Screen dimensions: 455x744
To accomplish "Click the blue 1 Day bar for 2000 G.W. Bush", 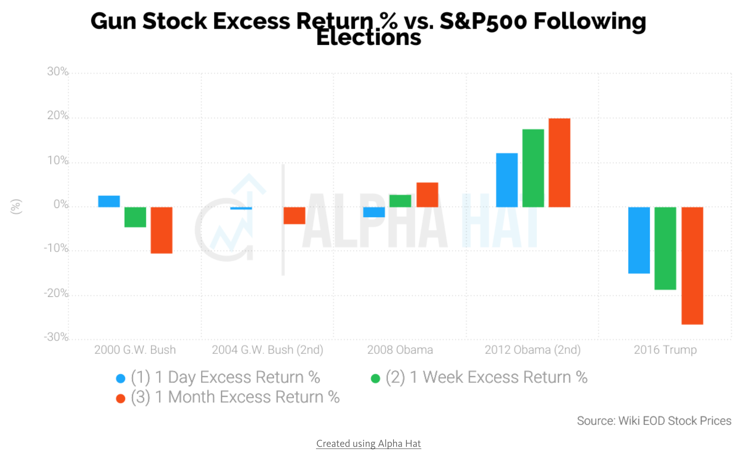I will [109, 201].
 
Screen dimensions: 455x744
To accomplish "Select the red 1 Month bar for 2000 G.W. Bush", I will [161, 230].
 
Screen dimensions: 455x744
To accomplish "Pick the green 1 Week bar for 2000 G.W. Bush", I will [135, 217].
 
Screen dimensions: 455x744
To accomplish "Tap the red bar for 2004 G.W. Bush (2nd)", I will [294, 215].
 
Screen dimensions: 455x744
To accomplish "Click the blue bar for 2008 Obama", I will [374, 212].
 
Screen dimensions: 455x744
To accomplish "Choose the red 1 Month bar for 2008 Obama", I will [427, 195].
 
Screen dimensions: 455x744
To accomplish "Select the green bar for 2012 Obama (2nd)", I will [533, 168].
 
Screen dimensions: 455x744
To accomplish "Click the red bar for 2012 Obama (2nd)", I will [559, 163].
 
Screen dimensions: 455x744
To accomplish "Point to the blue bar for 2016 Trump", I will [639, 240].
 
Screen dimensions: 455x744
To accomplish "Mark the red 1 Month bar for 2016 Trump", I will [692, 266].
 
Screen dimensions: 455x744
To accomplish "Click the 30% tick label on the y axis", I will [58, 71].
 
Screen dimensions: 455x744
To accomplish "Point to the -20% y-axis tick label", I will [56, 293].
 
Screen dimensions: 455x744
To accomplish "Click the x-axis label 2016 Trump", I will [665, 349].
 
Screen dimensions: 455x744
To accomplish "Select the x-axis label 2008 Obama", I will [400, 349].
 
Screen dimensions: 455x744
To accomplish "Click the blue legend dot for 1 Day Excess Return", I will [121, 378].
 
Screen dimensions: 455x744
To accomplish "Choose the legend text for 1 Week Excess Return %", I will [486, 377].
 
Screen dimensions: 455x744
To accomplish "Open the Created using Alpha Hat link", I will [368, 443].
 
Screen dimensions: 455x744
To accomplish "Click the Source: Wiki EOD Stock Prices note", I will [654, 421].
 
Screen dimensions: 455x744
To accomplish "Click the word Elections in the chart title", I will [368, 38].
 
